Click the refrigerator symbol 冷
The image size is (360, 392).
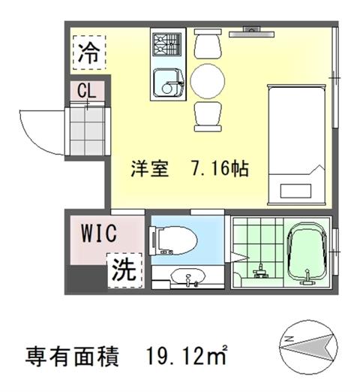pos(89,53)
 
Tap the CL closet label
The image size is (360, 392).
pos(86,90)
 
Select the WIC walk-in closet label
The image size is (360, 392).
pos(99,233)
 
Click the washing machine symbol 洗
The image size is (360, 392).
pos(124,270)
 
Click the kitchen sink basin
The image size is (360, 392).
pos(168,83)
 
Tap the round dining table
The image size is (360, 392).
pos(207,81)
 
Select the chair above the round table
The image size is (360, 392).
pos(208,44)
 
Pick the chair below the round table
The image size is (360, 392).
pos(208,116)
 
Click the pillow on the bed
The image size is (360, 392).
pos(295,191)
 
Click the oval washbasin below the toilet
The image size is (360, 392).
pos(187,276)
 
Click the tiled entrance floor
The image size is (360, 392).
pos(87,131)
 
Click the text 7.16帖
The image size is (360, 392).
pos(220,168)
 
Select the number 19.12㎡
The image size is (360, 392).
pos(187,355)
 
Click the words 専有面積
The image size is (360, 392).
pos(72,356)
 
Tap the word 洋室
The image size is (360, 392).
pos(150,168)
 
